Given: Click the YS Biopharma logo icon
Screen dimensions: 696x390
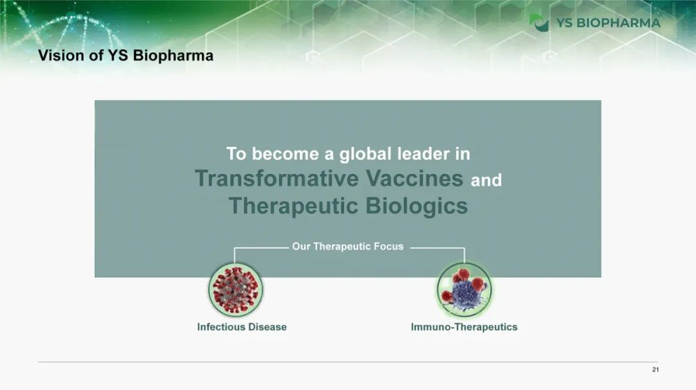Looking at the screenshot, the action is [539, 23].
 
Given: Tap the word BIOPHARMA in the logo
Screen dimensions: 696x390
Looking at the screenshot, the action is [618, 23].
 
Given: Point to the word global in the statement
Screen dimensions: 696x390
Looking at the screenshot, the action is [365, 154].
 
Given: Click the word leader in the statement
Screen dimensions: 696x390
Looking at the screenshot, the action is [423, 153].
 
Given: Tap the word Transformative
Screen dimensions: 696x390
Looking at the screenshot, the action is [276, 179].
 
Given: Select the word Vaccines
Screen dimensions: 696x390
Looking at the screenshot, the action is [414, 179].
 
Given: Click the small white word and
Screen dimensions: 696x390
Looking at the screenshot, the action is [486, 180].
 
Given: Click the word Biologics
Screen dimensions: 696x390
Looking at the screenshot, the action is [417, 206].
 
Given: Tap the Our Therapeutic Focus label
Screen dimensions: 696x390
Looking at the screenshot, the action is [347, 246].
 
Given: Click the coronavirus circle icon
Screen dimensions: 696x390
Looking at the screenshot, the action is [235, 289].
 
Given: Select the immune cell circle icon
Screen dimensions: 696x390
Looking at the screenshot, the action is [464, 289].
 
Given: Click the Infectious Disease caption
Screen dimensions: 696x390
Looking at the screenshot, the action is [242, 327].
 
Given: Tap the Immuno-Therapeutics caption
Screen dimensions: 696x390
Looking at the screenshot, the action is [464, 327].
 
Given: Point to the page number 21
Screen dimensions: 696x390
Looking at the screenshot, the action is [655, 369].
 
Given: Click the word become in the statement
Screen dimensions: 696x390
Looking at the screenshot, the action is [285, 153].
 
